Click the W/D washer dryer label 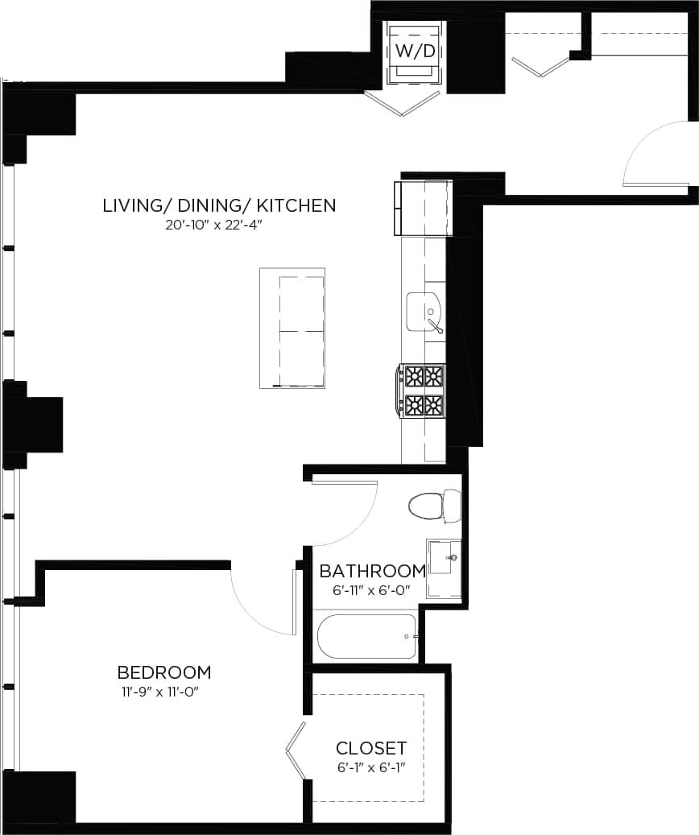coord(415,51)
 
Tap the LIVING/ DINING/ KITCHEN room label coord(219,205)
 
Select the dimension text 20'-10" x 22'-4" coord(215,225)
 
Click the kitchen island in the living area coord(292,329)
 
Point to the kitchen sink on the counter coord(424,312)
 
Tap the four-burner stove coord(424,391)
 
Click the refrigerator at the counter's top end coord(423,209)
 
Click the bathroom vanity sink coord(442,558)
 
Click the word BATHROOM coord(372,571)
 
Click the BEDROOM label coord(164,672)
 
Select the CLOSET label coord(371,747)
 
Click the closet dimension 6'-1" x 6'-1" coord(370,767)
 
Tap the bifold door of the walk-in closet coord(296,750)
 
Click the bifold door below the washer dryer coord(403,103)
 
